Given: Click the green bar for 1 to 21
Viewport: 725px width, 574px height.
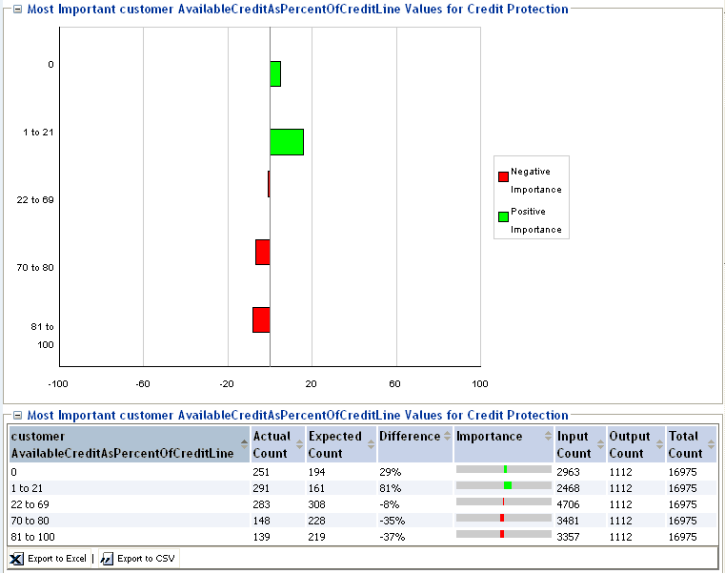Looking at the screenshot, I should coord(287,142).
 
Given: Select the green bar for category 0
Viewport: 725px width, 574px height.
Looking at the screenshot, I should coord(275,74).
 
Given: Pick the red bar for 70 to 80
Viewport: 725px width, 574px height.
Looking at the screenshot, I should coord(263,252).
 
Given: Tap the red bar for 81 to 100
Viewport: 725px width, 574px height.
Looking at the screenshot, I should coord(261,319).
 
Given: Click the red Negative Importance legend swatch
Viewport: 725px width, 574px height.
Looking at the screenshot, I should coord(503,175).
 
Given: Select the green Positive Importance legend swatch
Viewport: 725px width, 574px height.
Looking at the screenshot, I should coord(503,216).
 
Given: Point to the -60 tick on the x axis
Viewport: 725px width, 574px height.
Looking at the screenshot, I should coord(143,383).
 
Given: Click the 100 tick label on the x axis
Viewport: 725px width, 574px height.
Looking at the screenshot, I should coord(480,383).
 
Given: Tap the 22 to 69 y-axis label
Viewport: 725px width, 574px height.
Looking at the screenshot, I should coord(35,199).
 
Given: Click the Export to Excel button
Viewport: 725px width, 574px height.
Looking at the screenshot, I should coord(49,558).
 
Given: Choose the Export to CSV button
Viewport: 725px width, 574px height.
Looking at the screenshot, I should coord(138,558).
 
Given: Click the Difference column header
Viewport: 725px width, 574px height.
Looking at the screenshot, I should coord(410,436).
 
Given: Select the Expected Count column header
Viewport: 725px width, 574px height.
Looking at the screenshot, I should coord(335,444).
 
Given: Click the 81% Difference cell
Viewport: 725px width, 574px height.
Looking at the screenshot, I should coord(390,487).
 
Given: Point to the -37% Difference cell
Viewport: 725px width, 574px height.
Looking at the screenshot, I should coord(393,536).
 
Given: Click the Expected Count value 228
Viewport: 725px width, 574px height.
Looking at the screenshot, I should coord(318,520).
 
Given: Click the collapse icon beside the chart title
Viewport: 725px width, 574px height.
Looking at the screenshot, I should coord(17,10).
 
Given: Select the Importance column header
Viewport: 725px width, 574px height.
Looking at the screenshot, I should coord(490,436).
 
